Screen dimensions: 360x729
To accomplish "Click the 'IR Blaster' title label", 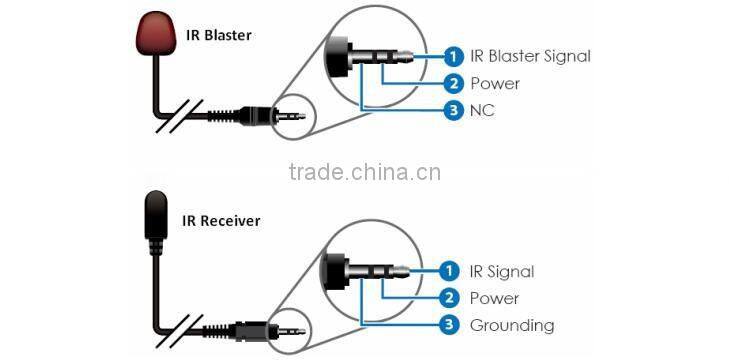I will click(x=219, y=35).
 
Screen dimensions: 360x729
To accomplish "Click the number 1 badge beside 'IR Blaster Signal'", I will click(x=453, y=56).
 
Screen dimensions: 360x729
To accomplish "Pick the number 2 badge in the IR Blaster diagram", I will click(x=453, y=83).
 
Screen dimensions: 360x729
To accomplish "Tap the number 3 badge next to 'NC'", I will click(x=453, y=110).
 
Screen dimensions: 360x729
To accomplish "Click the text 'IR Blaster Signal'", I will click(x=530, y=56).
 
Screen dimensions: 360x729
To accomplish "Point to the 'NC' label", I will click(x=482, y=110).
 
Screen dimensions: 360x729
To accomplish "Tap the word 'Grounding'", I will click(x=512, y=325).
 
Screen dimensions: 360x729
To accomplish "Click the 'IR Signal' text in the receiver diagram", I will click(x=502, y=271).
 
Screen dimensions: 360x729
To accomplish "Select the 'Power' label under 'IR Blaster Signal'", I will click(x=494, y=83).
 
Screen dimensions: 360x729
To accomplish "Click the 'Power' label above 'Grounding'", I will click(x=494, y=298).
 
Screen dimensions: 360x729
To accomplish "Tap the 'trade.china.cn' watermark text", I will click(x=364, y=171).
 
